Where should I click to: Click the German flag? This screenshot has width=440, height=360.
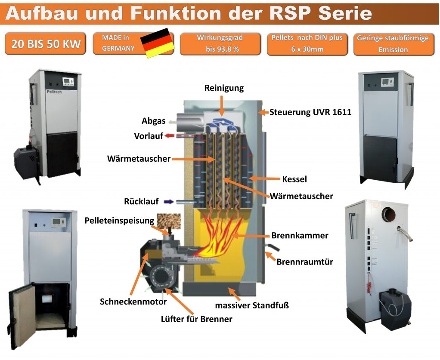[x=158, y=43]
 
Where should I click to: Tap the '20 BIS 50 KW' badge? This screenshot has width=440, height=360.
[x=45, y=44]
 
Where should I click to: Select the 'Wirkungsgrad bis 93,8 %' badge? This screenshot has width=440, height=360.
[x=220, y=44]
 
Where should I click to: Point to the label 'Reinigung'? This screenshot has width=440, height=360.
[x=223, y=88]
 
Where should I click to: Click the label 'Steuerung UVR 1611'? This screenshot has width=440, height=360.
[x=310, y=113]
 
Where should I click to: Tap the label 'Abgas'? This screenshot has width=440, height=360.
[x=154, y=121]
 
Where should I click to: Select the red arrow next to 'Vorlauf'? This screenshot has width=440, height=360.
[x=170, y=136]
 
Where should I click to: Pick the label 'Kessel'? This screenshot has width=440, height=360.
[x=294, y=179]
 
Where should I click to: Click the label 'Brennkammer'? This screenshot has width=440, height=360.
[x=300, y=236]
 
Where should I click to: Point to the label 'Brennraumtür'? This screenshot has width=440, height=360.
[x=304, y=262]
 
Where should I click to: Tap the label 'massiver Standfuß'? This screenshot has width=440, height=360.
[x=252, y=306]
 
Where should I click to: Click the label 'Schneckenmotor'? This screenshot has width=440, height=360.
[x=133, y=302]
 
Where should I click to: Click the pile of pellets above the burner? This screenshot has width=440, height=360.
[x=167, y=221]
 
